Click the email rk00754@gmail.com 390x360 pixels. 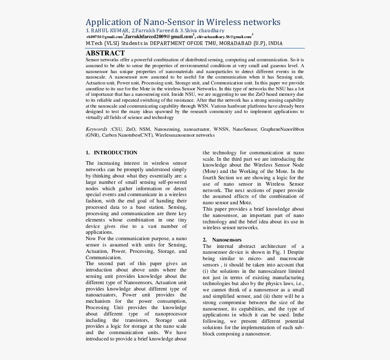[x=105, y=36]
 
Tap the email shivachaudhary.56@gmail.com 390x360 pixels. [x=224, y=36]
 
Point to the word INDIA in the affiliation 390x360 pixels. [x=274, y=43]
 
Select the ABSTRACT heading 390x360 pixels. [x=105, y=53]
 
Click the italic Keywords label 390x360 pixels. [x=97, y=129]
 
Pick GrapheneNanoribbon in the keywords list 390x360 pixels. [x=282, y=129]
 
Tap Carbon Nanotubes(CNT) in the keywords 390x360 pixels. [x=127, y=135]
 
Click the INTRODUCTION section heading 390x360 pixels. [x=115, y=153]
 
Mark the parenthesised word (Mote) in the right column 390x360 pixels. [x=210, y=172]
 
